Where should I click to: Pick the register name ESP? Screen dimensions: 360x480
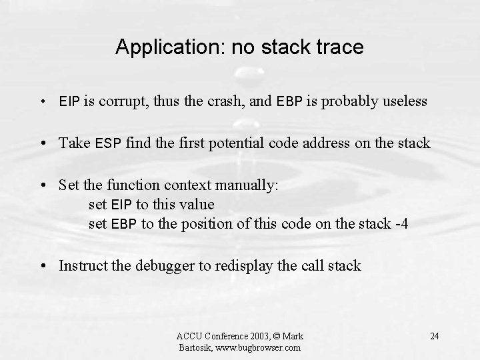[108, 143]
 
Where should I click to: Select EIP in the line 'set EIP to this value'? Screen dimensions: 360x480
[121, 205]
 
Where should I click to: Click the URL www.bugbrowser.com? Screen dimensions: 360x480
[258, 347]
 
